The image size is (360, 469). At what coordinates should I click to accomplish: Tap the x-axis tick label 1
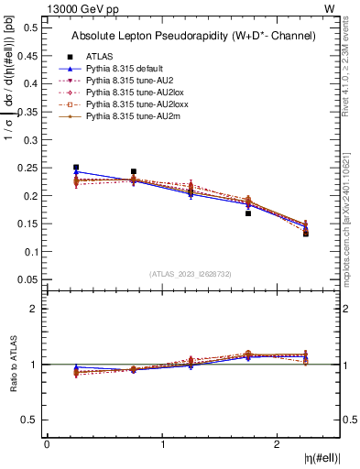[162, 444]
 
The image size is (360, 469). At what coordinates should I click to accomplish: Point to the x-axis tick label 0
[47, 444]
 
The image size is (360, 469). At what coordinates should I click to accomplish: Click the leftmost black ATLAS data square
[76, 168]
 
